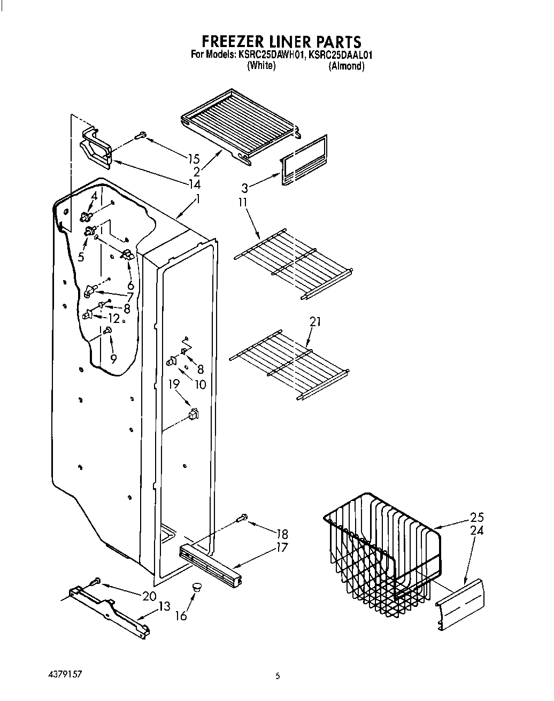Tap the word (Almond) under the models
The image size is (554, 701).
tap(347, 66)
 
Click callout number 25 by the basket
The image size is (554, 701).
tap(476, 518)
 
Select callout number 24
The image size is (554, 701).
tap(476, 530)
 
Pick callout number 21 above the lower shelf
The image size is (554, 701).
tap(316, 321)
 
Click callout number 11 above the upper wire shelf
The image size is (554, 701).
tap(243, 202)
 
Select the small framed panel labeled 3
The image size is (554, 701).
tap(304, 159)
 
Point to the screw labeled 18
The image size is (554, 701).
tap(242, 517)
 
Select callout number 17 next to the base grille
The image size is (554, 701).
tap(282, 548)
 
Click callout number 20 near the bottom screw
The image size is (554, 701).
tap(149, 596)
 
